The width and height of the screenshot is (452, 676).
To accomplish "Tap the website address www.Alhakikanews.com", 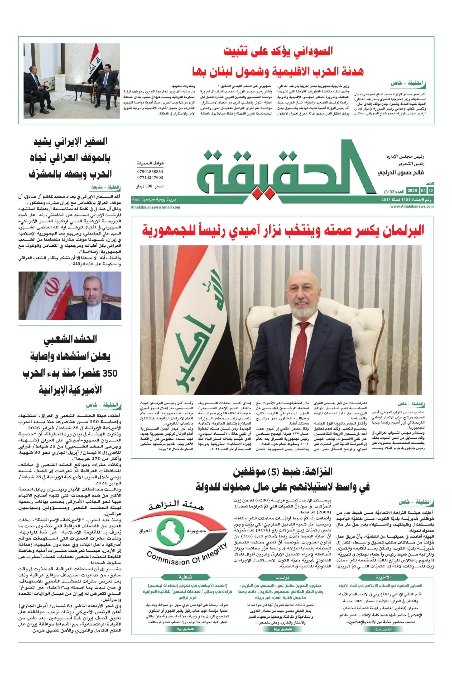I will point(412,206).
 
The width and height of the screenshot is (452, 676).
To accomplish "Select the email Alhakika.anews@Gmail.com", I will point(155,207).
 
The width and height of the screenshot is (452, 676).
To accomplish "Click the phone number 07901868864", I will point(150,172).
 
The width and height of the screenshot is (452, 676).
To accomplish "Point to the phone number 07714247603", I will point(150,177).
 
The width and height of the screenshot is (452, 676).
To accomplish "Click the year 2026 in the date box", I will point(412,191).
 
